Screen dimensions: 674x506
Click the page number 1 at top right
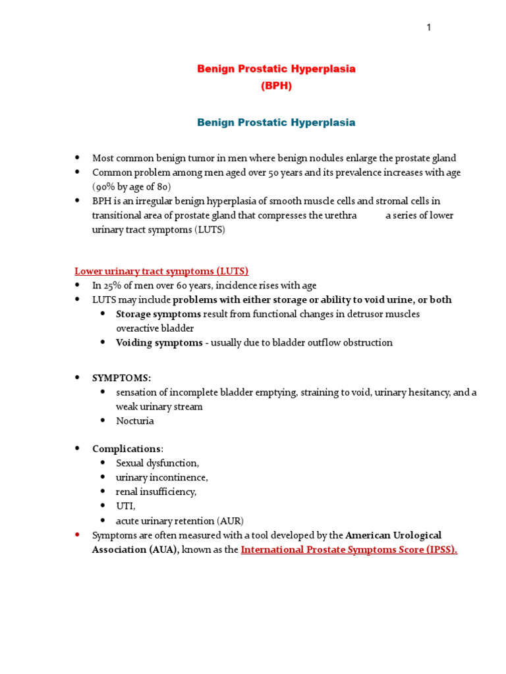428,27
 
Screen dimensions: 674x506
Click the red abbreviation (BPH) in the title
276,86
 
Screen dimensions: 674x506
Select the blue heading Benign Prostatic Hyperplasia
276,122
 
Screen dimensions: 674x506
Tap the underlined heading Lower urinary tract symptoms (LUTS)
161,271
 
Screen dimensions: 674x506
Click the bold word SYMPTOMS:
121,378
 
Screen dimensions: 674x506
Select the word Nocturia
135,421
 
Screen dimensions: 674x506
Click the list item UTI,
126,506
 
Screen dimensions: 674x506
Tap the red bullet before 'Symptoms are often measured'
77,535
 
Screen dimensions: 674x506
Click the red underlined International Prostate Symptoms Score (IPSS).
349,550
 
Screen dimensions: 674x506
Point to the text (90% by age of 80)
131,187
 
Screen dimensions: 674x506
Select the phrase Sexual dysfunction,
157,463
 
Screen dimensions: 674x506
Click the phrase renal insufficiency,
156,492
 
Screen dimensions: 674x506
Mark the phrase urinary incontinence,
161,477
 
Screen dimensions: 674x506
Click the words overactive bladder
155,328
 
